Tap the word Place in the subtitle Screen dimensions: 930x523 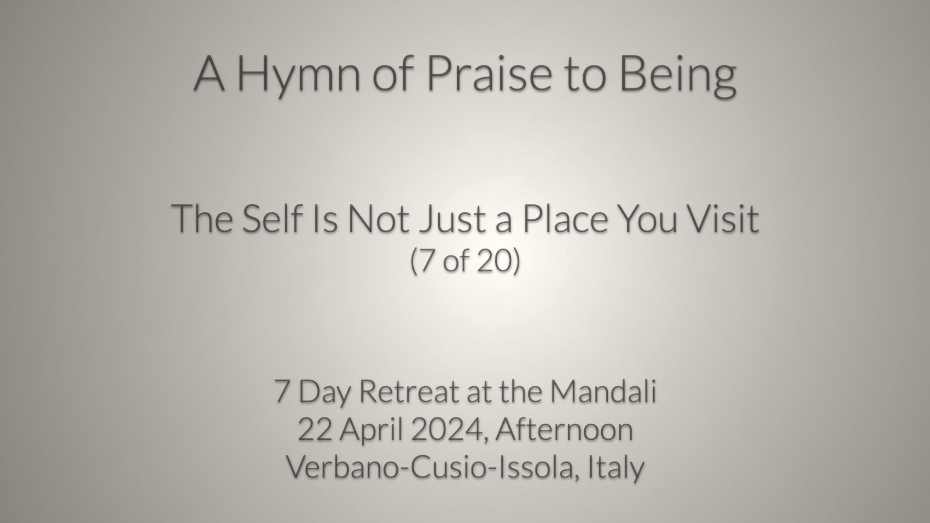[565, 218]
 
